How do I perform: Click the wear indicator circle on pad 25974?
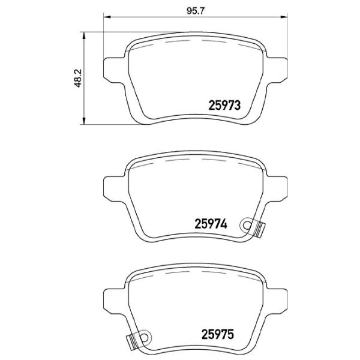click(x=246, y=225)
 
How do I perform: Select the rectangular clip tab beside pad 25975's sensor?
click(x=130, y=342)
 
